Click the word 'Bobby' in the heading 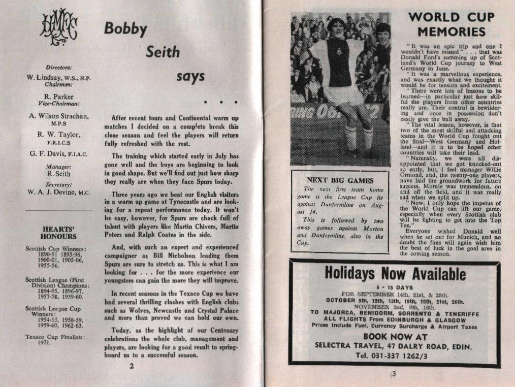pyautogui.click(x=125, y=28)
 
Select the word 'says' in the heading pyautogui.click(x=190, y=77)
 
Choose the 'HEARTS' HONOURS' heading pyautogui.click(x=59, y=233)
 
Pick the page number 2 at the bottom pyautogui.click(x=132, y=365)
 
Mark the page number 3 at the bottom pyautogui.click(x=393, y=375)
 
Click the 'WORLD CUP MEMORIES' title pyautogui.click(x=451, y=24)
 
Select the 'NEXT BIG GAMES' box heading pyautogui.click(x=340, y=180)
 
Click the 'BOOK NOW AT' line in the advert pyautogui.click(x=395, y=337)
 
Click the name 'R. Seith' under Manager pyautogui.click(x=58, y=173)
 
